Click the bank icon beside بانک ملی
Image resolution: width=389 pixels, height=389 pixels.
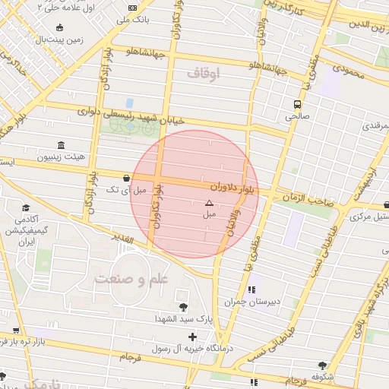(134, 8)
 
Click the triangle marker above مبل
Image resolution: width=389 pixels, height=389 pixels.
(210, 203)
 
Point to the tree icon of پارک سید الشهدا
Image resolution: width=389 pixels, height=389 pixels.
(183, 307)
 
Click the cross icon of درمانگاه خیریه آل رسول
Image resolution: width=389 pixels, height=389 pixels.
(191, 337)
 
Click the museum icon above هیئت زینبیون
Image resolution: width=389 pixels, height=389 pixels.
(60, 145)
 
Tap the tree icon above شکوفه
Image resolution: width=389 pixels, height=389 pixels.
(323, 365)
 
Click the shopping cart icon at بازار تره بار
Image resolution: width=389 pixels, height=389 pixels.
(15, 331)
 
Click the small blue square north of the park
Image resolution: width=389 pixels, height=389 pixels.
(129, 103)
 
